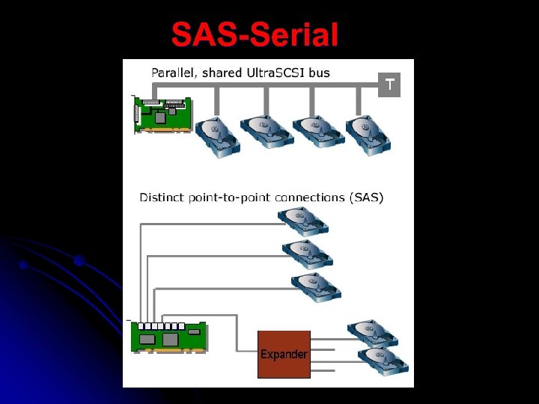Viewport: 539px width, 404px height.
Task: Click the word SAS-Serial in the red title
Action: [x=255, y=34]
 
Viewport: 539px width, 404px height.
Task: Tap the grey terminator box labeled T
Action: [x=389, y=85]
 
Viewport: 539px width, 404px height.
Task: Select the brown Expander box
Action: [x=284, y=354]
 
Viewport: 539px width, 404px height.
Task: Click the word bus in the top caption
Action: [x=318, y=73]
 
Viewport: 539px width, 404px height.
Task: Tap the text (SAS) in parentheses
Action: [x=366, y=198]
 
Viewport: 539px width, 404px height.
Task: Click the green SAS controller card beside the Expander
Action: [x=169, y=336]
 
